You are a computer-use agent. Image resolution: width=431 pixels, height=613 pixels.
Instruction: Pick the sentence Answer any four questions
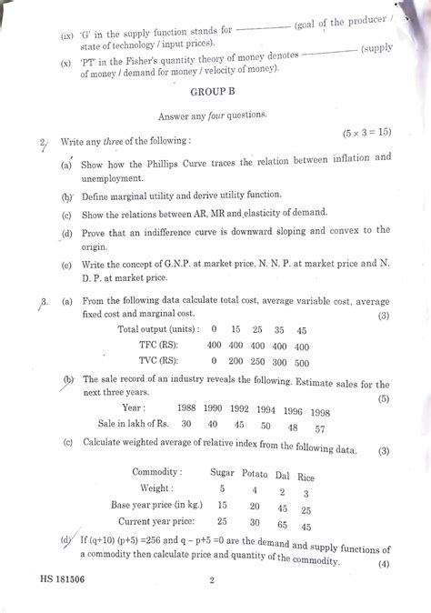213,116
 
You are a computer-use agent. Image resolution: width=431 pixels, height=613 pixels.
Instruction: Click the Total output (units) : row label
156,328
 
